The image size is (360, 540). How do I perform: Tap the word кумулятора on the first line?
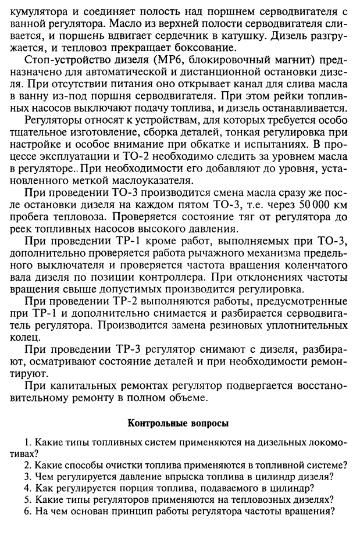[39, 10]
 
